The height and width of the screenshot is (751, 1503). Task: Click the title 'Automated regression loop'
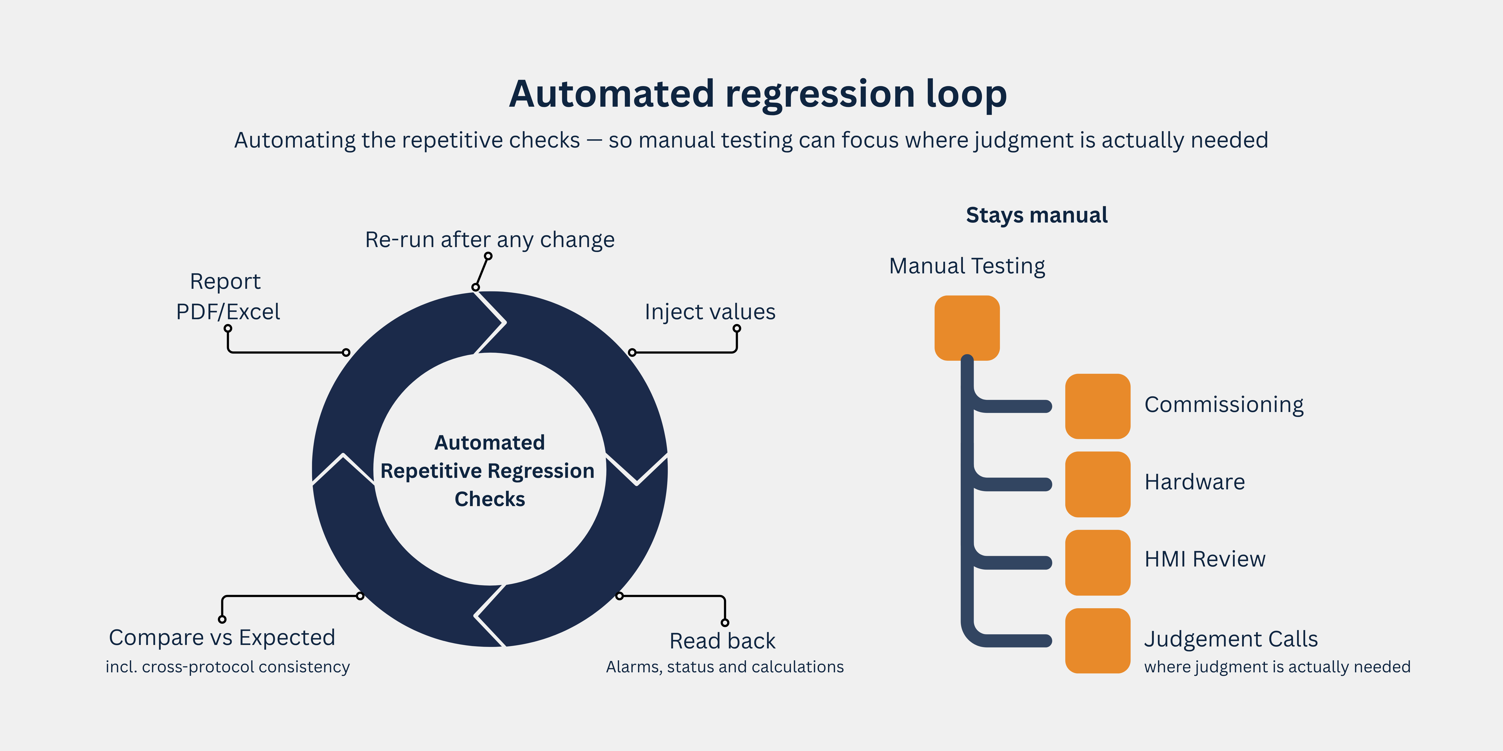click(x=758, y=95)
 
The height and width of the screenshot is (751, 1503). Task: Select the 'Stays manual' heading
click(x=1037, y=215)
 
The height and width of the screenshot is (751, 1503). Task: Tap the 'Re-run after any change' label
click(x=489, y=240)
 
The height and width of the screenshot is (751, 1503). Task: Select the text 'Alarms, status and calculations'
click(x=725, y=667)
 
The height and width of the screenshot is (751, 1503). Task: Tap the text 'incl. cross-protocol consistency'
click(x=227, y=667)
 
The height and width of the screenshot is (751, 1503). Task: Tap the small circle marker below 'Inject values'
click(x=737, y=328)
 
